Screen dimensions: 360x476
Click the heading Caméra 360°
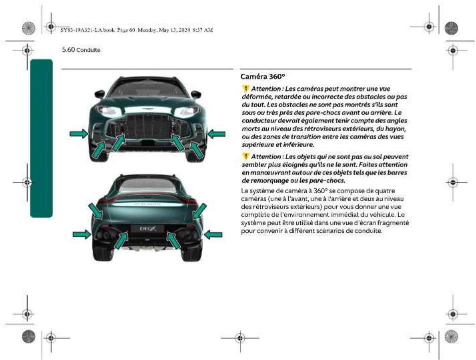pyautogui.click(x=262, y=78)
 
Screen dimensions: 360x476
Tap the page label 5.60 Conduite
pyautogui.click(x=80, y=50)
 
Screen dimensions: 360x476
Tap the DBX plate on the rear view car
pyautogui.click(x=148, y=228)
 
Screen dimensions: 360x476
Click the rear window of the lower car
pyautogui.click(x=148, y=185)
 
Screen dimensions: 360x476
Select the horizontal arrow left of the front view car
pyautogui.click(x=78, y=133)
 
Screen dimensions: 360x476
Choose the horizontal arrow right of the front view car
pyautogui.click(x=216, y=133)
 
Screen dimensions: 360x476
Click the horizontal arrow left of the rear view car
pyautogui.click(x=82, y=234)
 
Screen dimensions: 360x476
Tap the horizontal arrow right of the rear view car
pyautogui.click(x=213, y=234)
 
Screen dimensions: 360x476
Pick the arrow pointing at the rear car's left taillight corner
pyautogui.click(x=96, y=210)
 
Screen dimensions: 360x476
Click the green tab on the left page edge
pyautogui.click(x=41, y=138)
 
